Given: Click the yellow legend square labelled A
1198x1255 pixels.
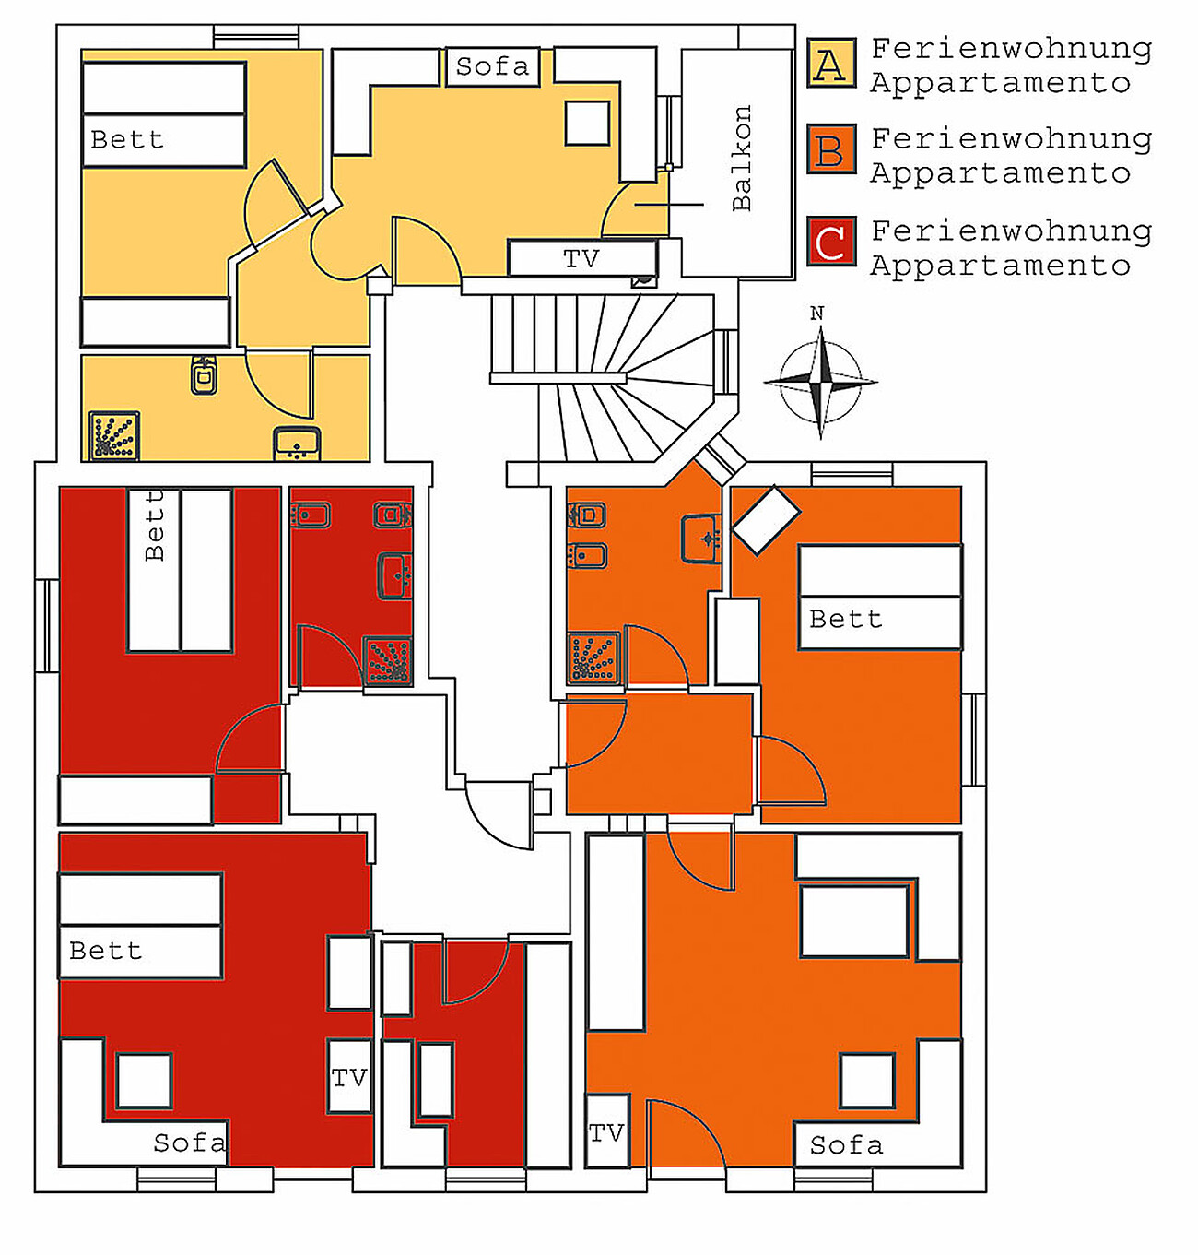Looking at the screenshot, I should (x=831, y=63).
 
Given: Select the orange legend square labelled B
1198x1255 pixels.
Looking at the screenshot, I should (x=831, y=149).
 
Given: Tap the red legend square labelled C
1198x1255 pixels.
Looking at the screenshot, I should (x=831, y=241).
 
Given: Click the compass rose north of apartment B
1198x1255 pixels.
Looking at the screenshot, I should (x=820, y=381).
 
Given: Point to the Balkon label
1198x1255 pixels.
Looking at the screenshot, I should (x=742, y=158).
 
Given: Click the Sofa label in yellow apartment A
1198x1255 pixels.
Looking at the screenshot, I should (x=493, y=66).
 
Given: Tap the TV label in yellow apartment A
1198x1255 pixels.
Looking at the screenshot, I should (x=581, y=259).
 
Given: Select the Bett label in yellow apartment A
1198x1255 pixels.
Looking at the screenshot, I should (x=127, y=140).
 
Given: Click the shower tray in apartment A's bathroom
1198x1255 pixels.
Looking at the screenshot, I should (x=114, y=435).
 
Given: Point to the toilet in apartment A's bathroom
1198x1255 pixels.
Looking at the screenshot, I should (x=204, y=375).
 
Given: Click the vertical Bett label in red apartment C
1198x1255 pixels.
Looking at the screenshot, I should (x=154, y=526).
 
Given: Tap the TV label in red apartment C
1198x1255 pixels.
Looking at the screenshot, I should (x=349, y=1077).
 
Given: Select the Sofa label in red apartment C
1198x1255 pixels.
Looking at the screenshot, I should (x=189, y=1143).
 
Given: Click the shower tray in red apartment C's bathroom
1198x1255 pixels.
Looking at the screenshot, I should (x=388, y=659).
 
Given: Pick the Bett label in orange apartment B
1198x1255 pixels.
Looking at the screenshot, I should (x=846, y=620).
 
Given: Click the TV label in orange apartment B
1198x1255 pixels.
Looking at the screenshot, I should (x=606, y=1133).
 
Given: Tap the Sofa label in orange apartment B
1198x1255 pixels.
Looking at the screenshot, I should (x=846, y=1145).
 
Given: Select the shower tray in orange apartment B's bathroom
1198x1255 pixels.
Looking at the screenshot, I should (x=593, y=657).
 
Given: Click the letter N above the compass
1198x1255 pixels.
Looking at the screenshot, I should (x=816, y=314).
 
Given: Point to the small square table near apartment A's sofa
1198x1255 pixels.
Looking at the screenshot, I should (x=587, y=123).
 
